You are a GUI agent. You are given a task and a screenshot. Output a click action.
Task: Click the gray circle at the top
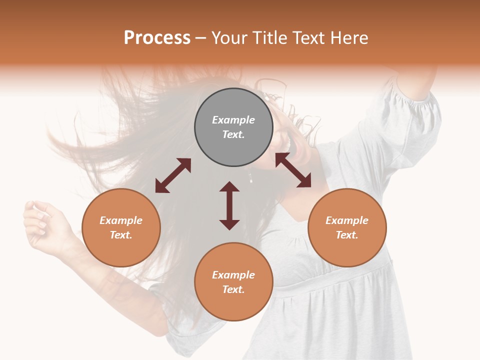[x=233, y=127]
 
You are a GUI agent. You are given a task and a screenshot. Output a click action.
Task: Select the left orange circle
[x=121, y=227]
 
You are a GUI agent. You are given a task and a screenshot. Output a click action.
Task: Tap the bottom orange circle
[x=233, y=281]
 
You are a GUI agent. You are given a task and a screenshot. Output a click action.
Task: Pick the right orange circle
[x=347, y=227]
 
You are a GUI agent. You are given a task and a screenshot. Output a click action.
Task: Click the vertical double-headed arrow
[x=229, y=205]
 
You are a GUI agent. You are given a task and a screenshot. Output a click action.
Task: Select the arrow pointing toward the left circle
[x=173, y=175]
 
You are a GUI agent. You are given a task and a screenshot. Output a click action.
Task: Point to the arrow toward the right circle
[x=293, y=170]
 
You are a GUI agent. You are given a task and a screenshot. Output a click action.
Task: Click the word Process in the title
[x=157, y=37]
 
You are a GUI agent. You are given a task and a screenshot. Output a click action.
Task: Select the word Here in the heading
[x=347, y=37]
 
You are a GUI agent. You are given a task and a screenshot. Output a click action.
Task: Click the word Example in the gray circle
[x=233, y=120]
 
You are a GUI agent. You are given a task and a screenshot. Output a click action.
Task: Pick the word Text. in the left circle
[x=121, y=235]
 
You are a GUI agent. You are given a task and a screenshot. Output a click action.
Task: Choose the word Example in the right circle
[x=347, y=220]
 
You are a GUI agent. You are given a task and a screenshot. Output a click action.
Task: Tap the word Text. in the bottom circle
[x=233, y=289]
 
